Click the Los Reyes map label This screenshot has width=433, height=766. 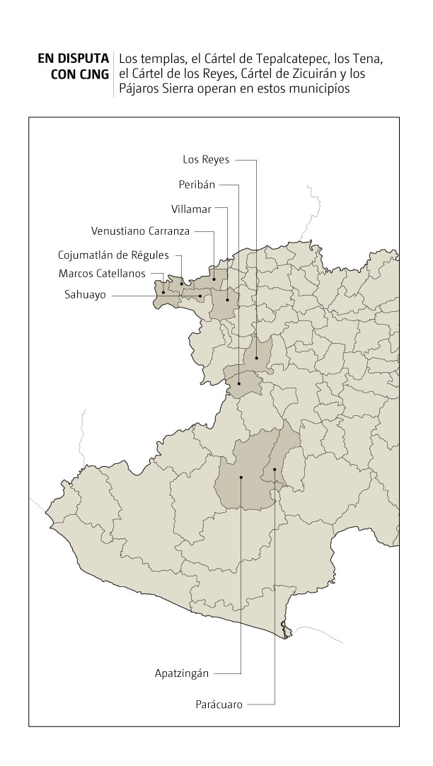[206, 160]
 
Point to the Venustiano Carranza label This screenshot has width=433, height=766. [140, 231]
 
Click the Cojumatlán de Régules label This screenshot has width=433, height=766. [114, 255]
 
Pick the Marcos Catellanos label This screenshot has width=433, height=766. [103, 273]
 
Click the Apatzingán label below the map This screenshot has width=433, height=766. [182, 673]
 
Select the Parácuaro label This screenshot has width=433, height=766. [219, 704]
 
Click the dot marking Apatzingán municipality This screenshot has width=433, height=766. [241, 477]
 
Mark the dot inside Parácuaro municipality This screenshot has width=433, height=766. [274, 468]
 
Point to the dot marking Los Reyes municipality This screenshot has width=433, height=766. [257, 359]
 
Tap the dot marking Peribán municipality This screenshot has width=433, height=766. [239, 383]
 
